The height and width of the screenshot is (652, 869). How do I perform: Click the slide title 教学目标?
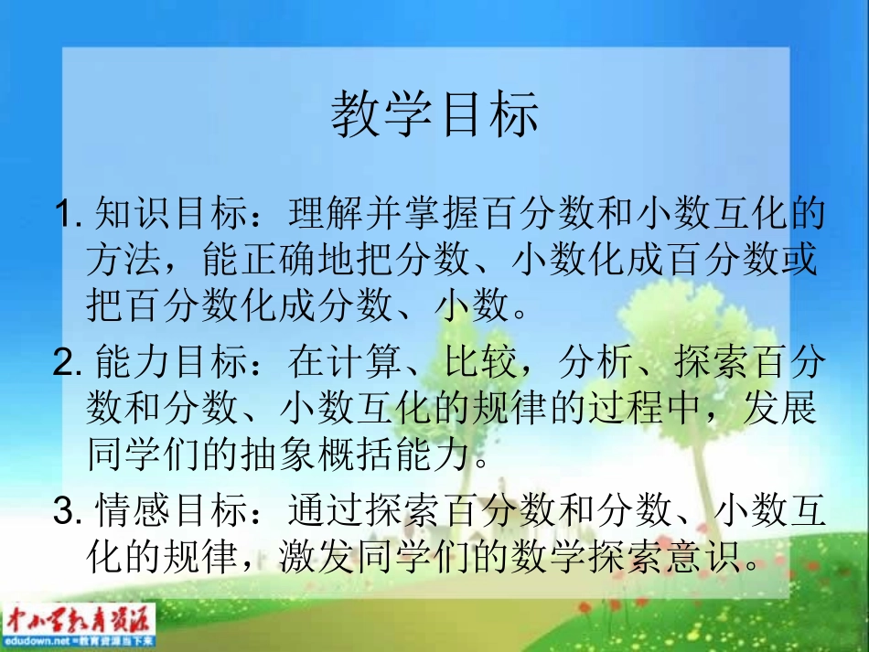click(434, 116)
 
